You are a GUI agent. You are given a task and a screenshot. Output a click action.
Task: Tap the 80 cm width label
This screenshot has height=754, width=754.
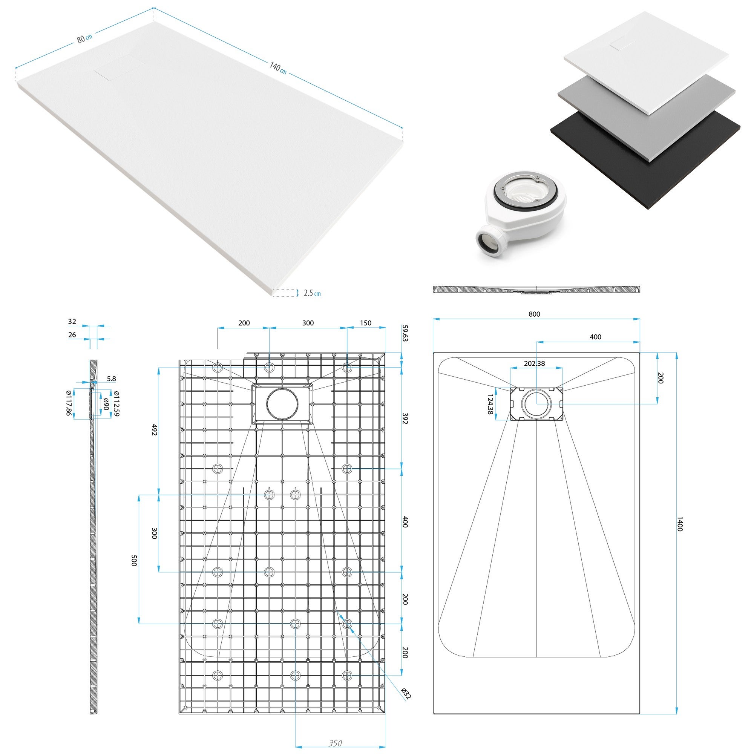click(x=84, y=38)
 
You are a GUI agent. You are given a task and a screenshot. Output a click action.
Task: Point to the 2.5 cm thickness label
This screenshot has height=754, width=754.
click(x=312, y=293)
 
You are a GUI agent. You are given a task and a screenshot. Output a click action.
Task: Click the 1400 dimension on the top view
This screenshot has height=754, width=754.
click(x=679, y=524)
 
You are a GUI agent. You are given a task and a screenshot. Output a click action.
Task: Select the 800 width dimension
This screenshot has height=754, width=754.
click(x=534, y=314)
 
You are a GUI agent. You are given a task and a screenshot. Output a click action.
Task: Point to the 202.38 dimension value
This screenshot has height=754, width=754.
click(x=534, y=363)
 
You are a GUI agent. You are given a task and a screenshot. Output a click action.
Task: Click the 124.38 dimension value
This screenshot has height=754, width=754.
click(x=490, y=404)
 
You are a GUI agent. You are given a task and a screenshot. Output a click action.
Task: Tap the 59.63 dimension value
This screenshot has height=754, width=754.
click(x=405, y=333)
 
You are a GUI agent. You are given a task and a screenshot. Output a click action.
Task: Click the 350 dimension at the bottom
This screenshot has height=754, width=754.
click(x=335, y=743)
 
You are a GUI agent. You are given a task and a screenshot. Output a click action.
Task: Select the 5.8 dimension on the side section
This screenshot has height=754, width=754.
click(x=111, y=379)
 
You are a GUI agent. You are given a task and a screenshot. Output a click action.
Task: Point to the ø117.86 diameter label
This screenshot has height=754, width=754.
click(x=69, y=403)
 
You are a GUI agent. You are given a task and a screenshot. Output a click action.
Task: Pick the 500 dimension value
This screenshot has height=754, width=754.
click(x=134, y=561)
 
